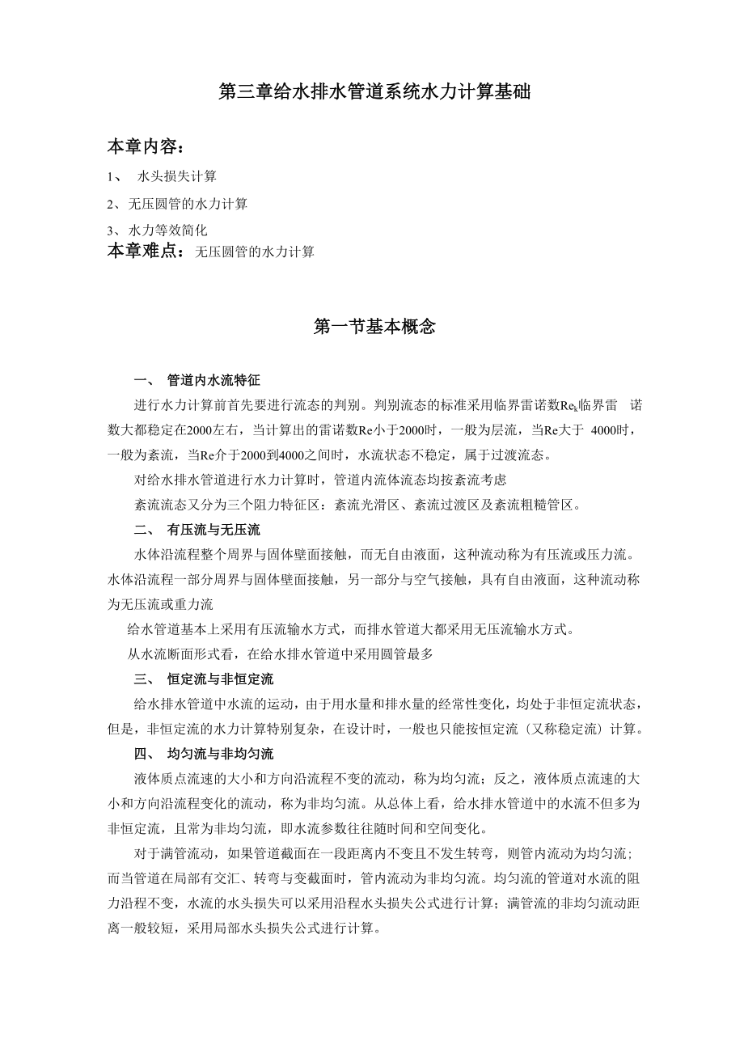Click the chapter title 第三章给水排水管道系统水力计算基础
[374, 92]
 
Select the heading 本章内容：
[146, 147]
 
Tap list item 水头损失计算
[176, 175]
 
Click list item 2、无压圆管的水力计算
[177, 204]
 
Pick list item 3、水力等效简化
[157, 230]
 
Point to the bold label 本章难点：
[150, 252]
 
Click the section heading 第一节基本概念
[374, 327]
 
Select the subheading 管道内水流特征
[213, 378]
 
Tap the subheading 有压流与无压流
[213, 530]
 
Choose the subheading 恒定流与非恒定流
[220, 679]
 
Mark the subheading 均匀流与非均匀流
[220, 754]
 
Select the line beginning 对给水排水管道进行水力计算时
[319, 480]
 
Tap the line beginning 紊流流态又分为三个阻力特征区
[357, 505]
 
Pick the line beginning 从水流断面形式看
[280, 654]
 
